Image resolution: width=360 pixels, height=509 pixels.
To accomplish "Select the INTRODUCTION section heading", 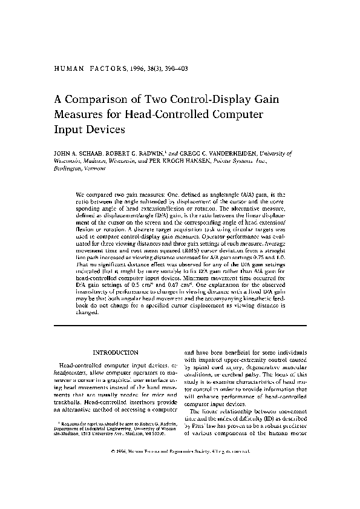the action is [x=115, y=352].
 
